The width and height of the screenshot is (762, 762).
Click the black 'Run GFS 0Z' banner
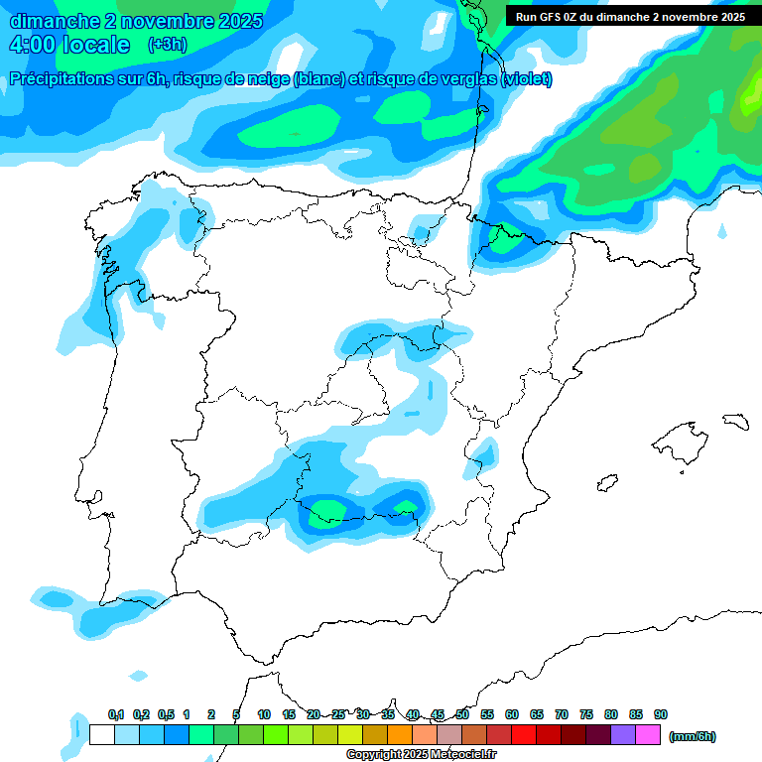[631, 16]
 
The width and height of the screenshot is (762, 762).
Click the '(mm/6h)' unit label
[693, 736]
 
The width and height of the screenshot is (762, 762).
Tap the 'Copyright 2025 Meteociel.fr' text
[421, 755]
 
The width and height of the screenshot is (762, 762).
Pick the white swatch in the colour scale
[101, 735]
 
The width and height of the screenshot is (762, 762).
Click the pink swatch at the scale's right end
[648, 735]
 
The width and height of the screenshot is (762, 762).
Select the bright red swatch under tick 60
[524, 735]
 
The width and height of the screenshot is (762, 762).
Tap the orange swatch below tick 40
[400, 735]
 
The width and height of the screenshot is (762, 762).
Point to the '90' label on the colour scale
[661, 715]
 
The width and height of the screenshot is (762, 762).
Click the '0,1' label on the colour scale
[116, 715]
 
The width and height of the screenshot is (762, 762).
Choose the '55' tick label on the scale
[487, 715]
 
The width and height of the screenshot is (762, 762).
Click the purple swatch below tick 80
[623, 735]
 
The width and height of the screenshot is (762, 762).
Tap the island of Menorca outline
[735, 422]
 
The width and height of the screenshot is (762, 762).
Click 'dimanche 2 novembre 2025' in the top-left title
[136, 21]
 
